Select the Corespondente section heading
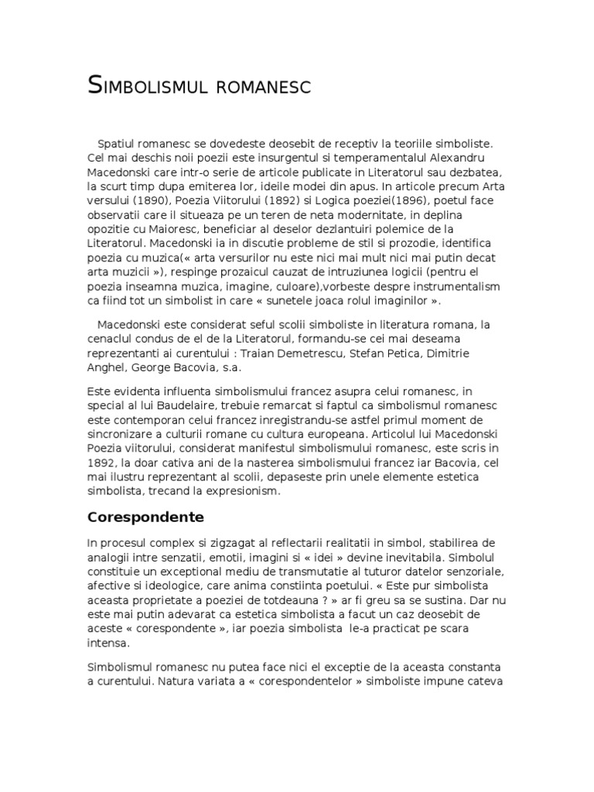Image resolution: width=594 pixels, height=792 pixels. click(x=145, y=516)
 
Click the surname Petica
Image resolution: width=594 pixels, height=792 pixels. click(x=387, y=352)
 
